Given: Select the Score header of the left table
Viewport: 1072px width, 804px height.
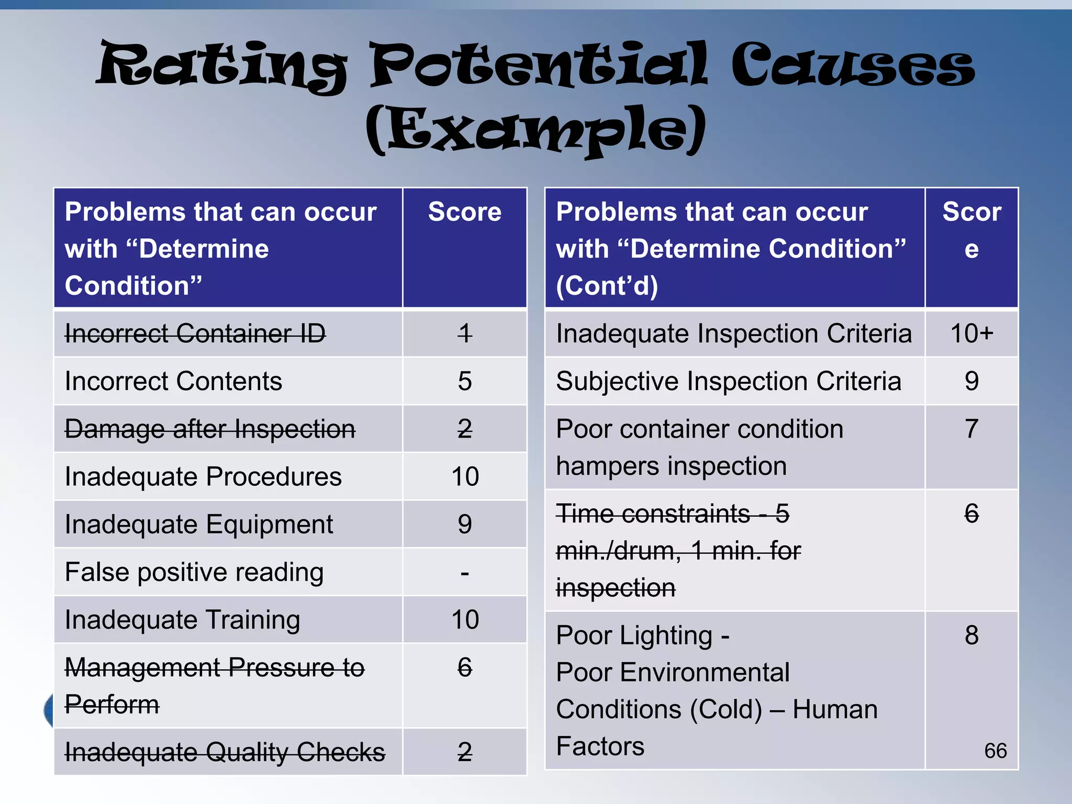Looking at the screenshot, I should tap(464, 212).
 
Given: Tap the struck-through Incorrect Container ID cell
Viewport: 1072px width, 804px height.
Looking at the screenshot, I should tap(195, 333).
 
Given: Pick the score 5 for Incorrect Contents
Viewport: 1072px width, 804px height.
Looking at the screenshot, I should tap(464, 381).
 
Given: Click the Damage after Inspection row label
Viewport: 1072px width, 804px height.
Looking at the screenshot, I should tap(210, 429).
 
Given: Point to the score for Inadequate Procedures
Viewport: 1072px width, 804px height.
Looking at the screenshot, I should tap(465, 477).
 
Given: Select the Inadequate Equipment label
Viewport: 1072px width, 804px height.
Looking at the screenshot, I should tap(199, 524).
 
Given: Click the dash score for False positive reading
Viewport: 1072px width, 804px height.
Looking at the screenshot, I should tap(465, 573).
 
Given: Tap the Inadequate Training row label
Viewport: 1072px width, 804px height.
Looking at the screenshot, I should tap(182, 620).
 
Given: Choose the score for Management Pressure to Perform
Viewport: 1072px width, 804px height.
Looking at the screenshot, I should tap(465, 668).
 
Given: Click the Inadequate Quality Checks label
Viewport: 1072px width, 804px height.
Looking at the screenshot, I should tap(225, 752).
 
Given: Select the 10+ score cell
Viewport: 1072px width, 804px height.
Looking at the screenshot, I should tap(971, 333).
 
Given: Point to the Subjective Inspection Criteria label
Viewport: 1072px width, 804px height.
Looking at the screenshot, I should tap(729, 381).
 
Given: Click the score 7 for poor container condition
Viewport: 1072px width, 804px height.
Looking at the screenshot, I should tap(971, 429).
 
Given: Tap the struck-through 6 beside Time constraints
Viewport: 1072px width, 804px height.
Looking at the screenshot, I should tap(971, 513).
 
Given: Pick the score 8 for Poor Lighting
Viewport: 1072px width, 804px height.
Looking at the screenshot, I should tap(971, 635).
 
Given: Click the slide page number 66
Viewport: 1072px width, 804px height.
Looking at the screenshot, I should tap(995, 751).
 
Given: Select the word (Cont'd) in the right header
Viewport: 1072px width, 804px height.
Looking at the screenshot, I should tap(607, 286).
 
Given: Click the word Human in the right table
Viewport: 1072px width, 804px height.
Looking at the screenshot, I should tap(835, 710).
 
